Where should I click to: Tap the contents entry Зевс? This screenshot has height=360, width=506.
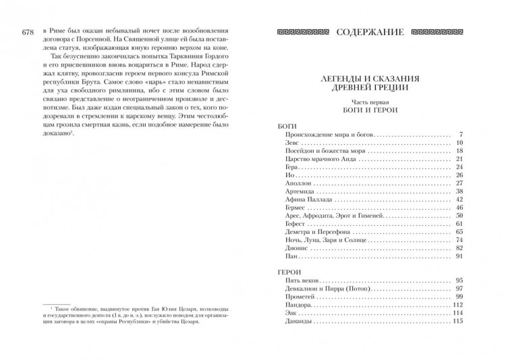click(x=283, y=144)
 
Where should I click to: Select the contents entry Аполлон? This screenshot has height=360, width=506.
click(x=290, y=183)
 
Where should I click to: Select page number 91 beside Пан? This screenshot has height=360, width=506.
click(x=456, y=257)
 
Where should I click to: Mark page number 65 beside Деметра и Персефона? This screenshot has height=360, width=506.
click(x=456, y=231)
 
